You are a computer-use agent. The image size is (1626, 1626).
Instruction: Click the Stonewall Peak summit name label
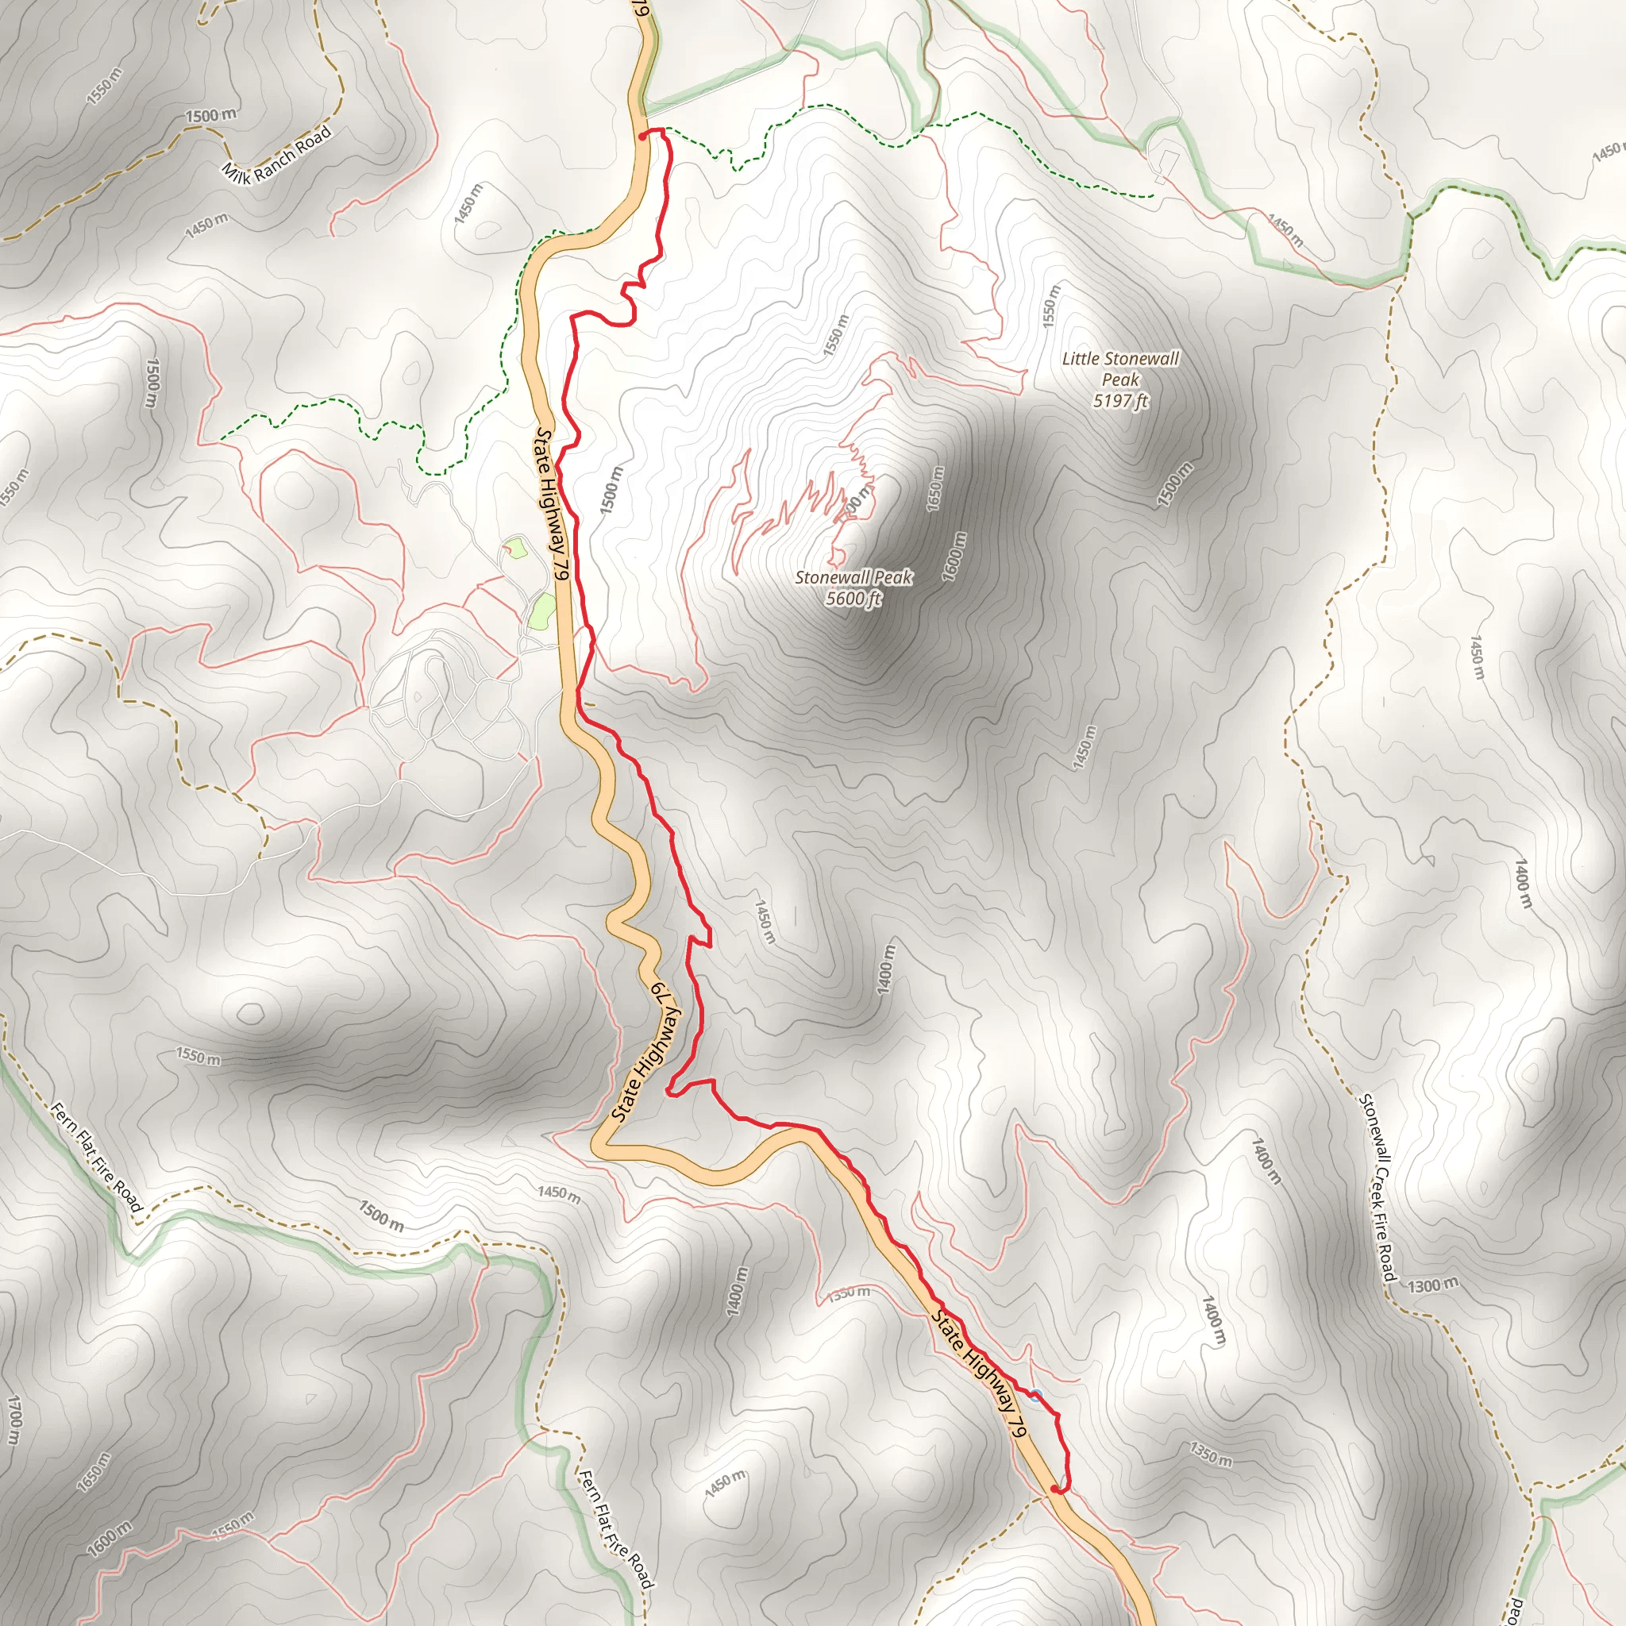pyautogui.click(x=853, y=577)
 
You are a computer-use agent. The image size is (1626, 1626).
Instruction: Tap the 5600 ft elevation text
pyautogui.click(x=853, y=599)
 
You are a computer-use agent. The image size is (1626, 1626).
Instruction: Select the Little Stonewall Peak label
pyautogui.click(x=1120, y=368)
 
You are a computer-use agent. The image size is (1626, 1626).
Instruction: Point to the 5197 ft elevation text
pyautogui.click(x=1120, y=401)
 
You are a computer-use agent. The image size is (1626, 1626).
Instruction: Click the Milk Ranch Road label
pyautogui.click(x=276, y=152)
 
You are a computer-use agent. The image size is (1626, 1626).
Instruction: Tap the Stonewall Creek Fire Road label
pyautogui.click(x=1377, y=1188)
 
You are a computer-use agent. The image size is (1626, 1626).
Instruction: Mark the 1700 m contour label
pyautogui.click(x=14, y=1419)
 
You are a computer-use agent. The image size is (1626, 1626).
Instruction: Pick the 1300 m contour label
pyautogui.click(x=1432, y=1285)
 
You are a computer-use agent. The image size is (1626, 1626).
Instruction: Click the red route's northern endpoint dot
pyautogui.click(x=643, y=135)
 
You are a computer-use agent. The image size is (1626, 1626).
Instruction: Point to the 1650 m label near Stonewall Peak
pyautogui.click(x=935, y=488)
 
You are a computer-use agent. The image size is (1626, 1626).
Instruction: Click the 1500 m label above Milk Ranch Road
pyautogui.click(x=210, y=115)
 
